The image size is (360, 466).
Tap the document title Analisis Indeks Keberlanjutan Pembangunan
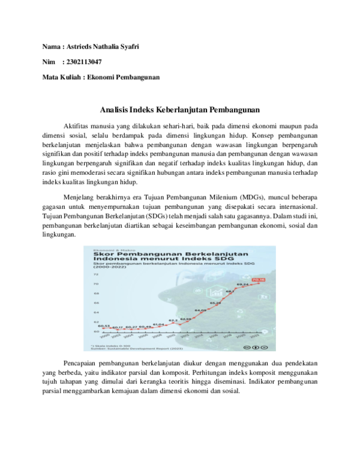(x=179, y=110)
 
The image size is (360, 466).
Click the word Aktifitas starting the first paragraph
(x=79, y=127)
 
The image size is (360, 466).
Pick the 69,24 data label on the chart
(x=242, y=284)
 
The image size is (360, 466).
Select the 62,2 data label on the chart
(x=173, y=320)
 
